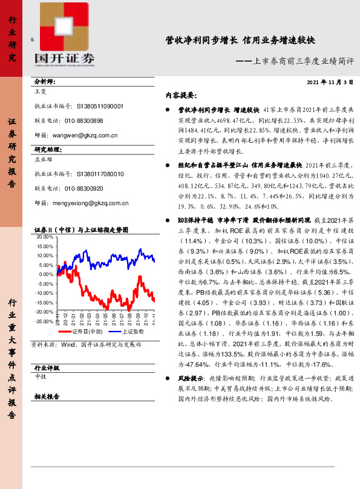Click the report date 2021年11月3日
pyautogui.click(x=329, y=82)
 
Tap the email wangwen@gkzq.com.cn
pyautogui.click(x=87, y=136)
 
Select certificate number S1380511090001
pyautogui.click(x=100, y=106)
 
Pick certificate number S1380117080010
pyautogui.click(x=100, y=174)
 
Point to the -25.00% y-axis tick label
pyautogui.click(x=44, y=321)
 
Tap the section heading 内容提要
pyautogui.click(x=181, y=96)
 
